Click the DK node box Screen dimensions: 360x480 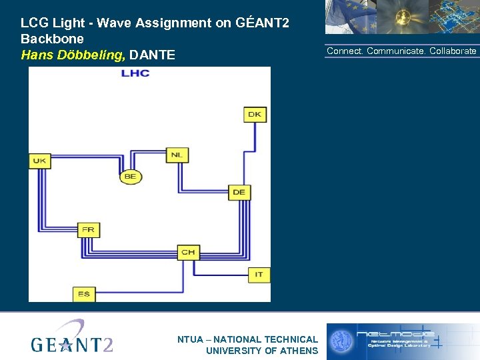[x=255, y=114]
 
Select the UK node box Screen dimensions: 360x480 [x=40, y=161]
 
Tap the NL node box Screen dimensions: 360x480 [x=176, y=155]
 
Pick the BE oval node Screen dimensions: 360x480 [x=130, y=177]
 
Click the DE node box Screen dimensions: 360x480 [x=239, y=192]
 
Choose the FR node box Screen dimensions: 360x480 [x=88, y=230]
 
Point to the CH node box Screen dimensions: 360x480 [x=188, y=252]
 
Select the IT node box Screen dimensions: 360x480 [x=259, y=274]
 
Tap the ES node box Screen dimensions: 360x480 [x=83, y=293]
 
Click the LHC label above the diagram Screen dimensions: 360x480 [x=135, y=73]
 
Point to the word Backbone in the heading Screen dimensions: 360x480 [x=52, y=39]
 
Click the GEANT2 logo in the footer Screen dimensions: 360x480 [x=72, y=337]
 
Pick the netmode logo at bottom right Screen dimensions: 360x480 [x=402, y=340]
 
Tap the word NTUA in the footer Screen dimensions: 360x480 [x=191, y=339]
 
